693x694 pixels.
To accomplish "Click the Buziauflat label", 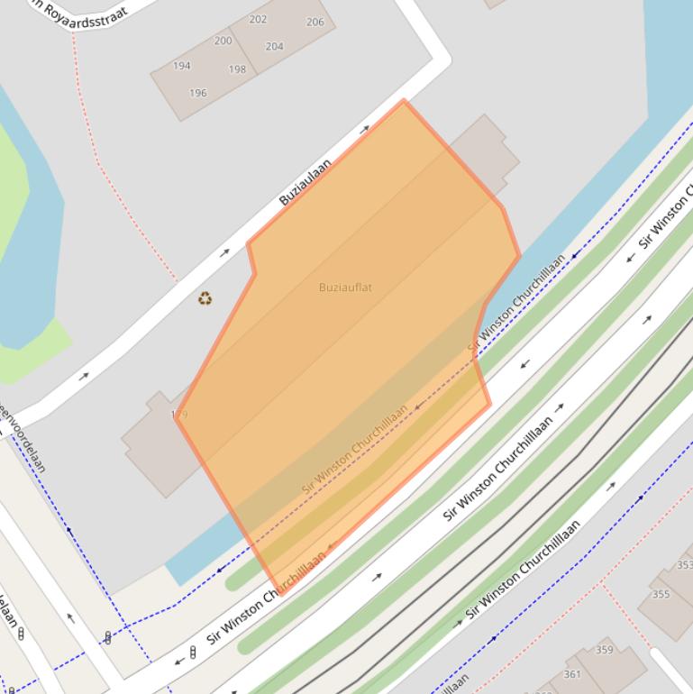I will point(345,288).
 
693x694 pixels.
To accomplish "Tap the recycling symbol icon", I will point(205,298).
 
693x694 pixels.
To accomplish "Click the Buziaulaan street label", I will point(305,182).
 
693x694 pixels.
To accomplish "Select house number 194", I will point(181,66).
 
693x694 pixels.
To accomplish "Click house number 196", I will point(198,93).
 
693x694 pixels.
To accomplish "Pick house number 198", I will point(237,69).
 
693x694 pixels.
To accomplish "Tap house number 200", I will point(223,41).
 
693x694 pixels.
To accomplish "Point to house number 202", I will point(258,19).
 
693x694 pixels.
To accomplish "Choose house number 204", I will point(275,46).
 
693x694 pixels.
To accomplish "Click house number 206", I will point(315,23).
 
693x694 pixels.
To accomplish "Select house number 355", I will point(661,594).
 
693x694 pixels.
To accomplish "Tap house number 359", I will point(604,650).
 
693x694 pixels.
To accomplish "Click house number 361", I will point(572,674).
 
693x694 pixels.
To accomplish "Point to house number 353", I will point(684,565).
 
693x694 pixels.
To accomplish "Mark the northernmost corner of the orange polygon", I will point(404,100).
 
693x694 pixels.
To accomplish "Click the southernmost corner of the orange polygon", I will point(280,594).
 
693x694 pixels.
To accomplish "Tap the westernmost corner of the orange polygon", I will point(176,416).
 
